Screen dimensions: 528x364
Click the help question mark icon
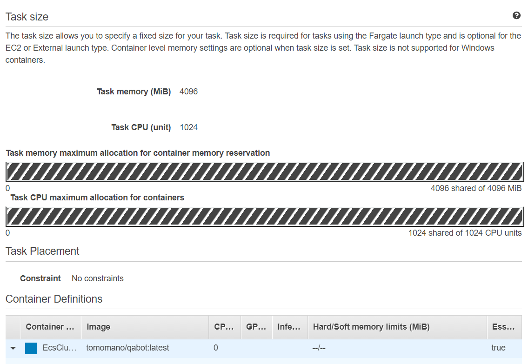[516, 15]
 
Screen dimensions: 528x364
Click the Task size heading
[27, 17]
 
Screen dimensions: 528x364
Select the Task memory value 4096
[188, 92]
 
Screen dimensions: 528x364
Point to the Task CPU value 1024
[188, 127]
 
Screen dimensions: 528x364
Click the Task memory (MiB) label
[134, 92]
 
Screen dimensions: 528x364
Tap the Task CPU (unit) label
[141, 127]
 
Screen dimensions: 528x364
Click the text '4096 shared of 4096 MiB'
[476, 188]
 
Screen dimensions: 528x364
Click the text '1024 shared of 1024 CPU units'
[465, 233]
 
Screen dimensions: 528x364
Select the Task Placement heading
[42, 251]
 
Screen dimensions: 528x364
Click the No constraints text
[98, 278]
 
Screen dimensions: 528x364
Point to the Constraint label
[40, 278]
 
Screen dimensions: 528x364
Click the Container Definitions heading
[54, 299]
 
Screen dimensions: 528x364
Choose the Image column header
[98, 327]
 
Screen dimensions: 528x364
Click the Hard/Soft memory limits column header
[371, 327]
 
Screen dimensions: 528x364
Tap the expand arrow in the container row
[13, 348]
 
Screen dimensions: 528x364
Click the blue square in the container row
[31, 348]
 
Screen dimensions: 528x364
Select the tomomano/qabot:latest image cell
[127, 348]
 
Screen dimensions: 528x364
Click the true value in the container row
[498, 348]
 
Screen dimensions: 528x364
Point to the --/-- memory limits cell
[319, 348]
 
